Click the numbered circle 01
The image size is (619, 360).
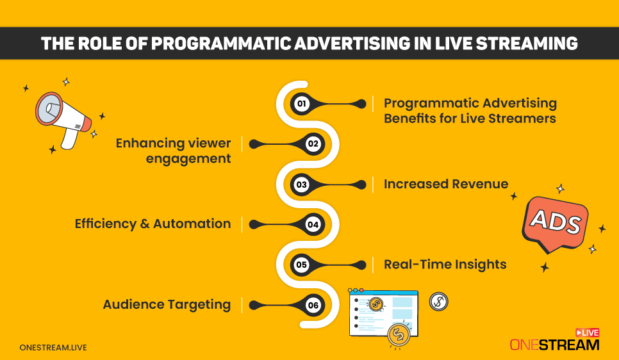(x=302, y=104)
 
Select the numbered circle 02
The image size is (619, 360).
(x=313, y=144)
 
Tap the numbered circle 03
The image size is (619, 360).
(x=302, y=184)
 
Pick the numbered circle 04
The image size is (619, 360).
(x=313, y=225)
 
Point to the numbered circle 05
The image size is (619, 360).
(x=302, y=265)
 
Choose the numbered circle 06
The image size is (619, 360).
(x=313, y=305)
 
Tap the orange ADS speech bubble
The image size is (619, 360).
(x=555, y=224)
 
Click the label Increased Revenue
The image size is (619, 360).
(x=446, y=184)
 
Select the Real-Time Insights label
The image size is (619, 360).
(x=445, y=265)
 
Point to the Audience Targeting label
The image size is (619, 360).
(x=167, y=305)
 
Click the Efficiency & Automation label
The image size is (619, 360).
(x=153, y=224)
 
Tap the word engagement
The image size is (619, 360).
(x=188, y=159)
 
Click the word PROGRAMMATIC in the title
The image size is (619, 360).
(x=221, y=44)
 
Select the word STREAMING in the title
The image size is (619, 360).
(x=527, y=44)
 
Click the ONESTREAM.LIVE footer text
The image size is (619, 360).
(x=53, y=348)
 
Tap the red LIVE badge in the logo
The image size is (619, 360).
(x=588, y=332)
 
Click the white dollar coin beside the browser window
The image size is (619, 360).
(x=438, y=302)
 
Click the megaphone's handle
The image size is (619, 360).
(x=70, y=138)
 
